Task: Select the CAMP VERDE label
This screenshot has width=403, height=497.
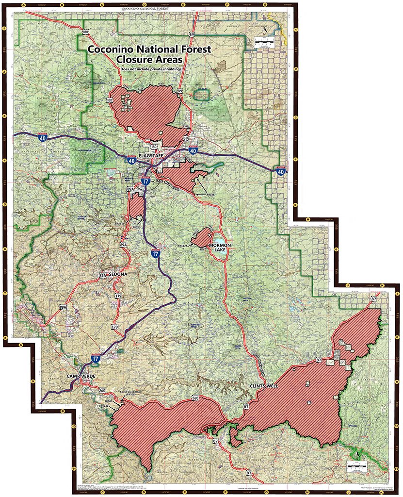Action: click(x=80, y=377)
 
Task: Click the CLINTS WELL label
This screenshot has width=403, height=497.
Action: click(x=263, y=386)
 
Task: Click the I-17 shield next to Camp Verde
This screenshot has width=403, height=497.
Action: click(x=96, y=358)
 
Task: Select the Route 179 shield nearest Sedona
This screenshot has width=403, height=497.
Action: click(x=118, y=296)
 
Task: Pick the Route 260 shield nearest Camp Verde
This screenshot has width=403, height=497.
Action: click(x=102, y=390)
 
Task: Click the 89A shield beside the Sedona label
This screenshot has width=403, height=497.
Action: click(x=102, y=275)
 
